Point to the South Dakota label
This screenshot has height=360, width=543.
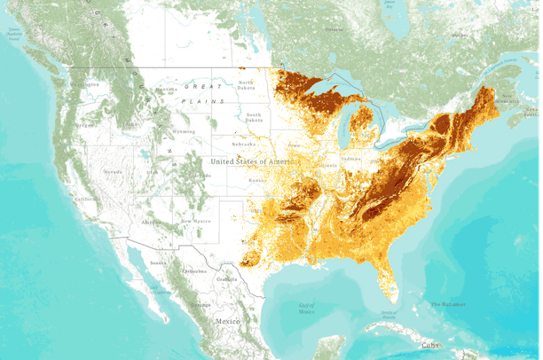coord(254,116)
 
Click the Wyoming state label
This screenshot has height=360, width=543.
coord(184,131)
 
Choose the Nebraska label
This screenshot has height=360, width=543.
coord(244,144)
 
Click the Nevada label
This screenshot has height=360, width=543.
coord(113,171)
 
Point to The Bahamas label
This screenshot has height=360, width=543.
coord(448,305)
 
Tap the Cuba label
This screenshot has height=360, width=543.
coord(430,345)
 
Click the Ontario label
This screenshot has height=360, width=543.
coord(334,29)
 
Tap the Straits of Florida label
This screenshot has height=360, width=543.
coord(388,313)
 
